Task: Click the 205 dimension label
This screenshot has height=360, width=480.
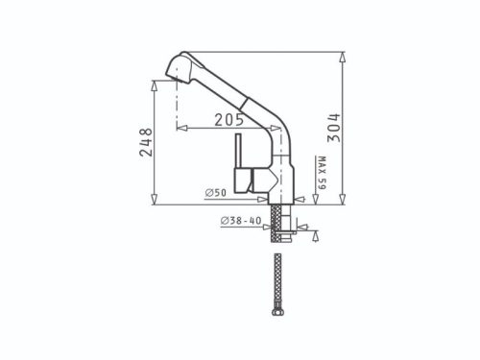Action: click(228, 120)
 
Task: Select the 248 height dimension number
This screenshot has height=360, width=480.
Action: click(146, 142)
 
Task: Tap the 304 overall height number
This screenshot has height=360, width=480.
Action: click(334, 128)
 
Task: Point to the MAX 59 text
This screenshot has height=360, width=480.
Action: click(322, 173)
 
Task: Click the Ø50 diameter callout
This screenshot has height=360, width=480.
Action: click(216, 193)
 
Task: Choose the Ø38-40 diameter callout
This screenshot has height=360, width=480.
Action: click(241, 221)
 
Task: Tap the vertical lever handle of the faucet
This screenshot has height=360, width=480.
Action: click(238, 151)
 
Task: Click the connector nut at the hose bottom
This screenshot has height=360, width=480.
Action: click(277, 311)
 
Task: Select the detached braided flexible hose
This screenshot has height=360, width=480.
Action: click(277, 284)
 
